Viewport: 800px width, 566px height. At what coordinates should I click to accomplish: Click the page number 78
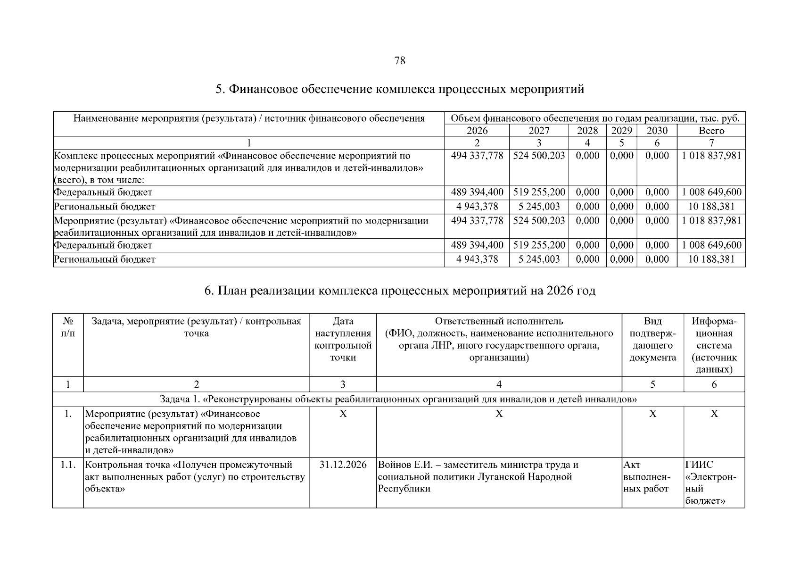click(x=399, y=60)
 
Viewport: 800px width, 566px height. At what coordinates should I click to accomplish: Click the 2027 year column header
click(x=539, y=131)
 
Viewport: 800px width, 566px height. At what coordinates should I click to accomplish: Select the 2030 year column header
click(x=657, y=131)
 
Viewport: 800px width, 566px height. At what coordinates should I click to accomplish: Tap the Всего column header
click(x=711, y=131)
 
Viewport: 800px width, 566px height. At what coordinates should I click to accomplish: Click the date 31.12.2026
click(x=343, y=465)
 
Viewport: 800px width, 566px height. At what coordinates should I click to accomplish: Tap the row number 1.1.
click(x=68, y=465)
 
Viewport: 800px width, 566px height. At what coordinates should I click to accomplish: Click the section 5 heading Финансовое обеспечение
click(x=399, y=89)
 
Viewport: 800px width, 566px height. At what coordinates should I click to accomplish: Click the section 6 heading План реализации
click(x=399, y=291)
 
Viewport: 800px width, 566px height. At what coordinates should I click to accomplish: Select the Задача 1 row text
click(x=398, y=400)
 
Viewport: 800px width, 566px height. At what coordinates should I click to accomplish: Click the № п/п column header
click(x=68, y=327)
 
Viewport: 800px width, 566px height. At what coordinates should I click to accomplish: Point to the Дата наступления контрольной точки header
click(x=343, y=340)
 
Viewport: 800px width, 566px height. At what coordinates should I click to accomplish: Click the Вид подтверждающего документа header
click(x=652, y=340)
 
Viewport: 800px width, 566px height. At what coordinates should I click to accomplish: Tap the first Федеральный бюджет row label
click(x=103, y=192)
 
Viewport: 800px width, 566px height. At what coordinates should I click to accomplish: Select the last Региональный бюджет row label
click(x=104, y=259)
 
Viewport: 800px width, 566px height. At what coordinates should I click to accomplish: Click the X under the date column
click(x=343, y=414)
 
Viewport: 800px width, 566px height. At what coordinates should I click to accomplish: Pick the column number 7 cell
click(x=711, y=143)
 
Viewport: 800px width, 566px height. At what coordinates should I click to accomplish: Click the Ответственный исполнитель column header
click(x=499, y=340)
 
